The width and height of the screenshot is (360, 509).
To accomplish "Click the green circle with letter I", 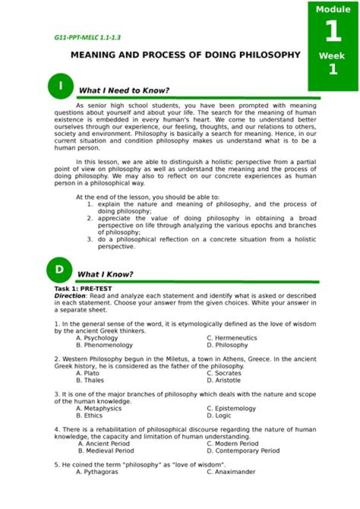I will (60, 86).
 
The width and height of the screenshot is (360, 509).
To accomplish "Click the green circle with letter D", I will (59, 269).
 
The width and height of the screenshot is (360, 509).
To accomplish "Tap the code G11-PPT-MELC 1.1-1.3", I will (87, 37).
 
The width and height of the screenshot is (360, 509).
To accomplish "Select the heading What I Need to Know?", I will (124, 90).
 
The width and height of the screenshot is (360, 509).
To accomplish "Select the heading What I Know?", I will (105, 274).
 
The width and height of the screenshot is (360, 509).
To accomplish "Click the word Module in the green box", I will (333, 9).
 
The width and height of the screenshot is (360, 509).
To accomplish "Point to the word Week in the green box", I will (332, 56).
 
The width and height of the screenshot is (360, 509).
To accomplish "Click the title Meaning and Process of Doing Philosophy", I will (185, 54).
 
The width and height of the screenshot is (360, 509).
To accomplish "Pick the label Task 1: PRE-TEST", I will (83, 288).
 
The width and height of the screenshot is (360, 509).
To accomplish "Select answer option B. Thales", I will (90, 380).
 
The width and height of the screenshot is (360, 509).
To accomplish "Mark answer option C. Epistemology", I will (231, 408).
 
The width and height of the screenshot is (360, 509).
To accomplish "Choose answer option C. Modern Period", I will (232, 443).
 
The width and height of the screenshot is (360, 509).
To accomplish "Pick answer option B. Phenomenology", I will (104, 345).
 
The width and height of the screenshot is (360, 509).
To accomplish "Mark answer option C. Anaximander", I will (231, 471).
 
